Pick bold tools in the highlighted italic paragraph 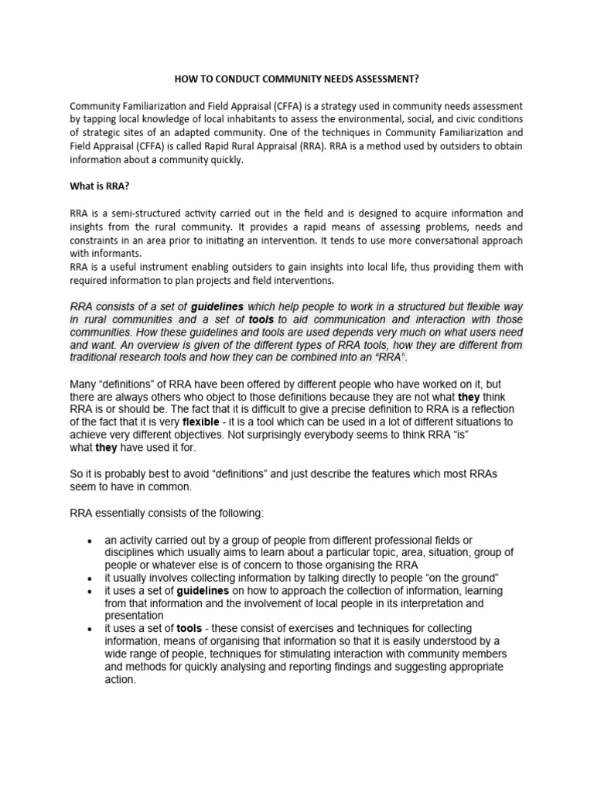[x=261, y=319]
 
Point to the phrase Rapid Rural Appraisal [x=251, y=146]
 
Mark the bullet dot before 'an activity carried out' [x=90, y=540]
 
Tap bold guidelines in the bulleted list [x=203, y=591]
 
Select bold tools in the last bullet [x=189, y=629]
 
